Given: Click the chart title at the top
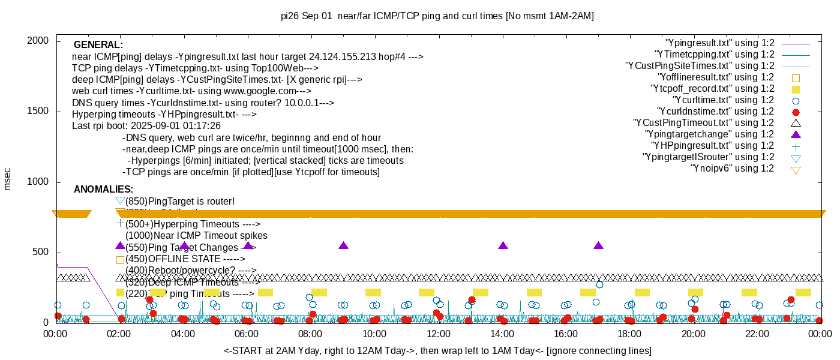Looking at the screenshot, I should [x=437, y=16].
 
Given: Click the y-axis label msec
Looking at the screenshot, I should [x=7, y=179].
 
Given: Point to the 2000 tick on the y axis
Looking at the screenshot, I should [x=39, y=41].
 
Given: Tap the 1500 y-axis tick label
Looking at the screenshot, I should [x=39, y=112].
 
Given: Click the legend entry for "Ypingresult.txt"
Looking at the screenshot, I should [x=720, y=43].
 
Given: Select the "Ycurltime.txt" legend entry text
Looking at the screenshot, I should [x=723, y=100].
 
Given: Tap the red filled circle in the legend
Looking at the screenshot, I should [x=796, y=112].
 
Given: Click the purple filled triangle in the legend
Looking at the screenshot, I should [x=796, y=134].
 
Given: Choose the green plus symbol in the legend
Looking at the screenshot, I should [x=796, y=146].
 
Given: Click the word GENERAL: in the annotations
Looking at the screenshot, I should [x=98, y=45].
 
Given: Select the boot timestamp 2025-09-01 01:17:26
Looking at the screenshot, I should [x=179, y=126].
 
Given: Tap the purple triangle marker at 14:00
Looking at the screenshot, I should [x=503, y=245].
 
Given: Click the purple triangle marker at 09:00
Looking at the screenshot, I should [x=343, y=245].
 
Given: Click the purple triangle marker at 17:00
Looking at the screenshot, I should [x=598, y=245].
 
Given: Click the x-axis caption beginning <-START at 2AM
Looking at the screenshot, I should [x=437, y=350].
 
